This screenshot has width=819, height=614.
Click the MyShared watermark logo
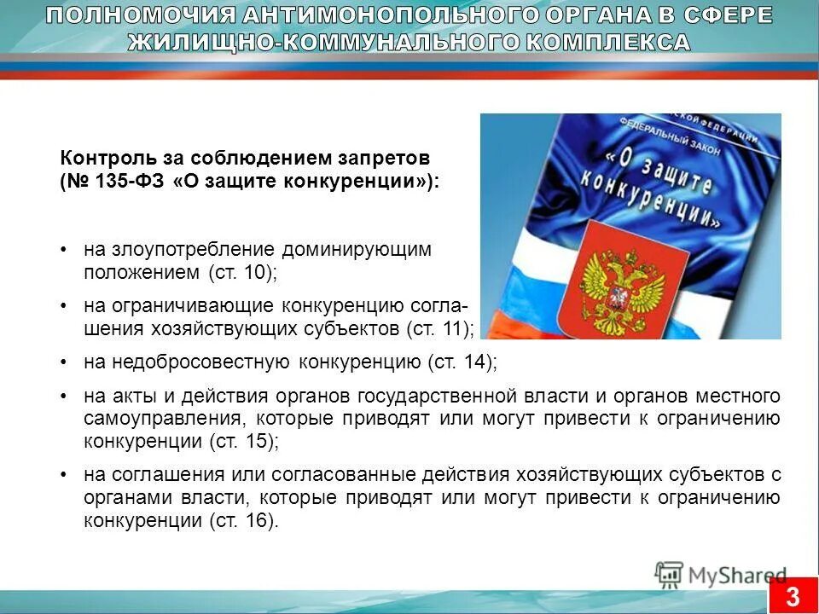[721, 575]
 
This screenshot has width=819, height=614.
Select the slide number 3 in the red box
[793, 594]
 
